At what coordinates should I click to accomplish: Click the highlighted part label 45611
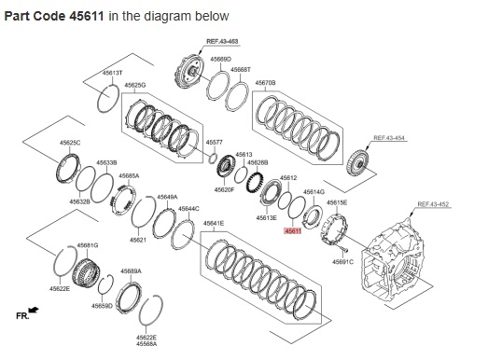[293, 231]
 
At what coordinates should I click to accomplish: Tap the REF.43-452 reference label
[433, 204]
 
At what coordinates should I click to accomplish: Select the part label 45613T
[112, 73]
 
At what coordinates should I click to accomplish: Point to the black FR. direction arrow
[34, 310]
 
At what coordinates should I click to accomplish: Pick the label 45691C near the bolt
[342, 262]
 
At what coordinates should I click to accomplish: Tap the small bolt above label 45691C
[344, 250]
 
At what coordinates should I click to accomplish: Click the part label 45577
[215, 142]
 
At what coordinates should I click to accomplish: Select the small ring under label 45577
[213, 158]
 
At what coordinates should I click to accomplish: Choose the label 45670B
[266, 83]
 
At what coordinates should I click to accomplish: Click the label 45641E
[214, 223]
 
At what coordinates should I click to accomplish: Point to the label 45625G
[135, 85]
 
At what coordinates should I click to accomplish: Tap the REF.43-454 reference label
[389, 137]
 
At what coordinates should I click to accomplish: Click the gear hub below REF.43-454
[358, 162]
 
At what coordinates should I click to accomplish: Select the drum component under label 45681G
[86, 274]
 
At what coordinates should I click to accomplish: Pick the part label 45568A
[146, 343]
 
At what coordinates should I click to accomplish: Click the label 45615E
[337, 202]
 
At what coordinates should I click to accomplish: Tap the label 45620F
[224, 189]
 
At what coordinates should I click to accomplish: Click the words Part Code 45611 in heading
[54, 16]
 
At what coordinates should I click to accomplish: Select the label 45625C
[70, 143]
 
